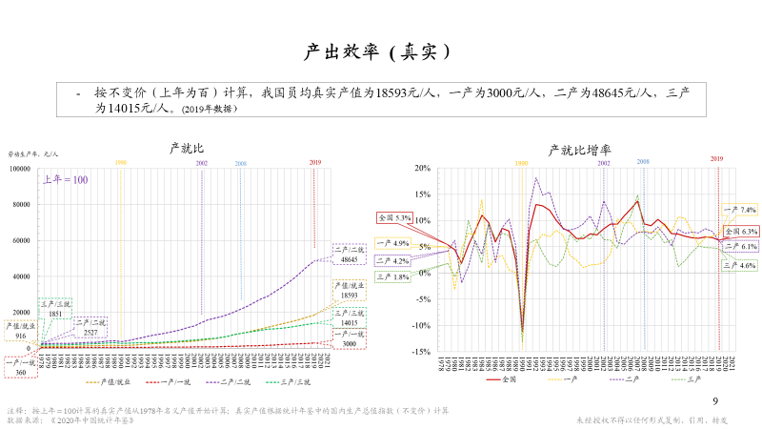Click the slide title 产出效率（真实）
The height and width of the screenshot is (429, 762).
(x=380, y=50)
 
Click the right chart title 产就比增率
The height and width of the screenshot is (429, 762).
(x=579, y=150)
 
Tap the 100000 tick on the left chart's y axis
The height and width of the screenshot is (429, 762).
(x=20, y=169)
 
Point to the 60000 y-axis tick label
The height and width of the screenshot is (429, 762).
(x=22, y=240)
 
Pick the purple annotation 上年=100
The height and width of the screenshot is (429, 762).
(x=66, y=179)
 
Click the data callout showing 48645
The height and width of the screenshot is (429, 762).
(x=348, y=254)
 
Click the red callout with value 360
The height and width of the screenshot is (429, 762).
(x=21, y=367)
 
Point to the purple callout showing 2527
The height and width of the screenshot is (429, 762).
(x=90, y=327)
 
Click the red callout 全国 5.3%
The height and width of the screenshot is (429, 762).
(x=394, y=218)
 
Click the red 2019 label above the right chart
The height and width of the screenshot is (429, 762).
(x=717, y=159)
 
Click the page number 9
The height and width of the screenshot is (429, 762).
(x=716, y=401)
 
